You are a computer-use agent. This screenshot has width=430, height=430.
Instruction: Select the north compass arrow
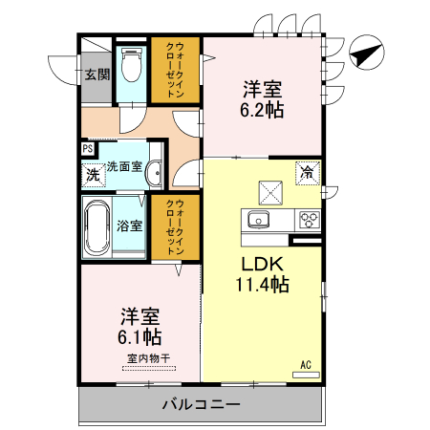[x=365, y=54]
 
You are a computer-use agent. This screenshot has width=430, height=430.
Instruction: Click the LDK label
[x=259, y=263]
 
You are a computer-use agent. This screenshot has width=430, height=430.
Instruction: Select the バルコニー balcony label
[x=200, y=403]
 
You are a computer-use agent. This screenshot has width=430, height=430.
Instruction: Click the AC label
[x=306, y=364]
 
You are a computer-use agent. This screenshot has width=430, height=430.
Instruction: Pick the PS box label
[x=87, y=149]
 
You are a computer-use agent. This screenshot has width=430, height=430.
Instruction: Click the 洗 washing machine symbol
[x=93, y=174]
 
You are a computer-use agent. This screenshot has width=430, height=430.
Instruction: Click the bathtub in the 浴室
[x=97, y=227]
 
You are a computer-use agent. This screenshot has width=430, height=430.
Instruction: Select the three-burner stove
[x=309, y=219]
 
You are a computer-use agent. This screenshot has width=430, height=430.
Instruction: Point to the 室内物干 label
[x=146, y=359]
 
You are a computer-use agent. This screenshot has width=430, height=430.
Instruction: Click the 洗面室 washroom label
[x=124, y=166]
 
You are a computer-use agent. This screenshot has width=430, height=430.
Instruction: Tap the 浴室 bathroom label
[x=130, y=226]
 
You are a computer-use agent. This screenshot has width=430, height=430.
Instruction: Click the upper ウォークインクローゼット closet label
[x=187, y=69]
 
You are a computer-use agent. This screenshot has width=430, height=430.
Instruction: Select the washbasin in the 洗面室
[x=155, y=173]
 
